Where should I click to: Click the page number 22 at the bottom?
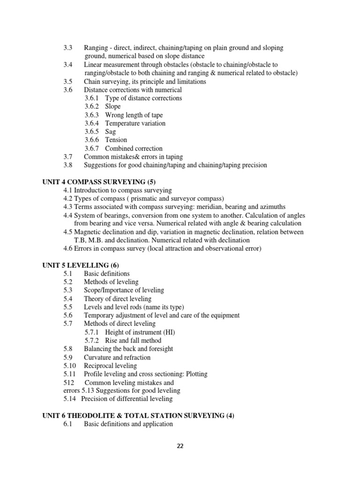tap(180, 446)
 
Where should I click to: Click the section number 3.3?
tap(68, 48)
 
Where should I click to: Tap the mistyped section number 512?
tap(68, 382)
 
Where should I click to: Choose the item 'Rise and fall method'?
tap(133, 340)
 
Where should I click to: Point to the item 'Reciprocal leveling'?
tap(110, 366)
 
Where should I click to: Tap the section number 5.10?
tap(69, 366)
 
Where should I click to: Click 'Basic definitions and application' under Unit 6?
tap(128, 424)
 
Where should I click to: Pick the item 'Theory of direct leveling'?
tap(118, 299)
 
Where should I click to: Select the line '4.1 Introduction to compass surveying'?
tap(118, 190)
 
